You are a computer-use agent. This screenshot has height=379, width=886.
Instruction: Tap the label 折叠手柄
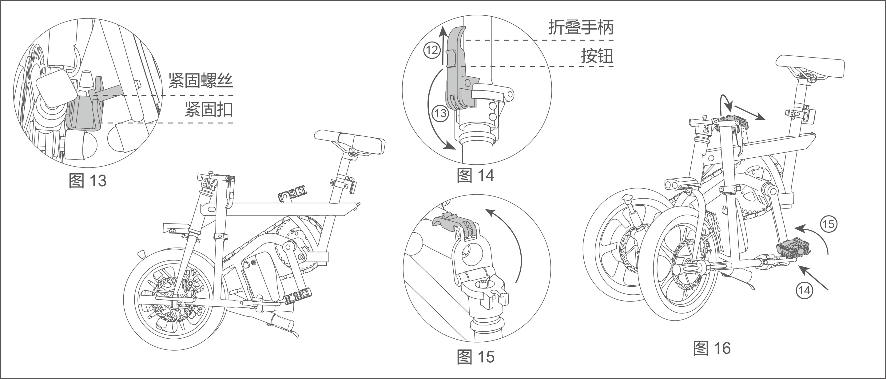coord(581,27)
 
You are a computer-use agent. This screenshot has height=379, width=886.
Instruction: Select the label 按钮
coord(597,56)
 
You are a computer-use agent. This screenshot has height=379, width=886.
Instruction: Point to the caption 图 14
coord(476,175)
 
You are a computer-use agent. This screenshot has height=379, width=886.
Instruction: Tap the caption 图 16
coord(712,348)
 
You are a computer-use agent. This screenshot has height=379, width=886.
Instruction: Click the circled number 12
coord(431,50)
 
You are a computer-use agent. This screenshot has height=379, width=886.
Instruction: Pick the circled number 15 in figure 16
coord(828,224)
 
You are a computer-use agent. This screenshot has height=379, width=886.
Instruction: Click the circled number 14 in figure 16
coord(804,291)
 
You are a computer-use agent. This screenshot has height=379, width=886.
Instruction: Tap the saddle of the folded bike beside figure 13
coord(351,142)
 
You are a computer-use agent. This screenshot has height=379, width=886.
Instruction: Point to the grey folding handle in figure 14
coord(456,76)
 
